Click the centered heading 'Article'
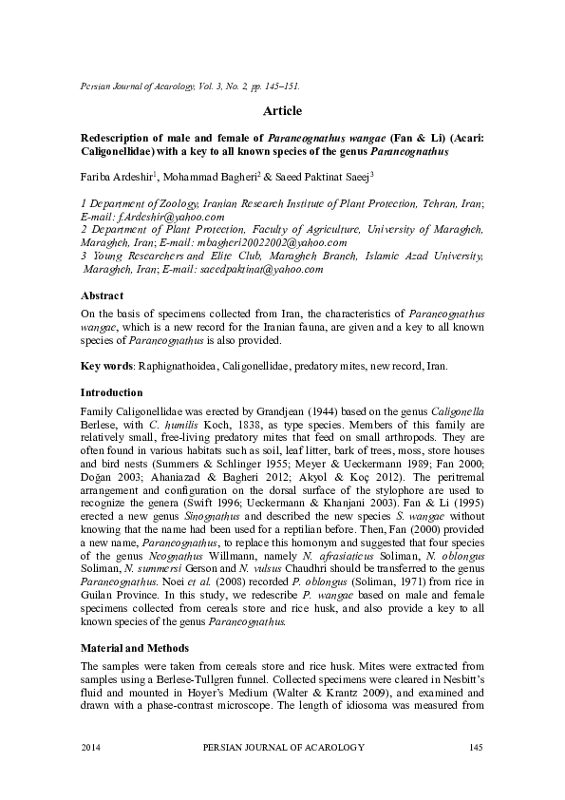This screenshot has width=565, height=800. click(282, 111)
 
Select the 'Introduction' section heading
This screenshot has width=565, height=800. click(111, 391)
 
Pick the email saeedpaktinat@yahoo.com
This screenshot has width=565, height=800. click(260, 269)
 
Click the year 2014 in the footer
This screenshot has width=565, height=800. click(93, 749)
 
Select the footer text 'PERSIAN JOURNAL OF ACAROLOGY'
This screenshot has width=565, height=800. click(284, 749)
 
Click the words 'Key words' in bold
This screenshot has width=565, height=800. click(108, 366)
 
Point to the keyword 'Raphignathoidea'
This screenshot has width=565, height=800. click(180, 366)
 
